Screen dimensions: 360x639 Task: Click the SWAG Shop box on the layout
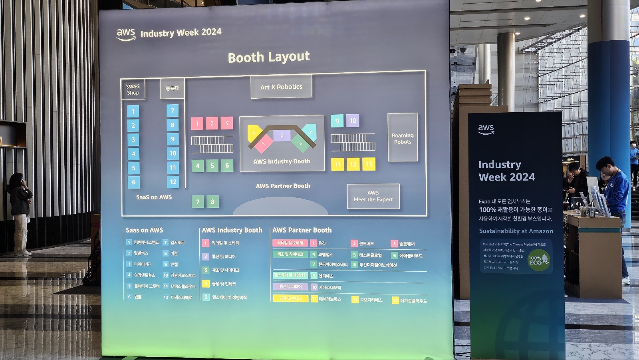coord(133,90)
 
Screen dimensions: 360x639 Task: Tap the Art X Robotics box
coord(281,87)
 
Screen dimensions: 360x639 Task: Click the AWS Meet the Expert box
coord(373,196)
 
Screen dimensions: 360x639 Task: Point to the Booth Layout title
coord(269,57)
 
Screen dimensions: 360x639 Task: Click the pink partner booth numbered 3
coord(227,123)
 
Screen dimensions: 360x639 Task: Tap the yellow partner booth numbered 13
coord(369,164)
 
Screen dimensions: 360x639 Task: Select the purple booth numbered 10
coord(353,121)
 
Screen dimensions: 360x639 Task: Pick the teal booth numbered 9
coord(337,121)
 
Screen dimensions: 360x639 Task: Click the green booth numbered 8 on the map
coord(212,202)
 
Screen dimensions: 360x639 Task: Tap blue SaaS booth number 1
coord(133,111)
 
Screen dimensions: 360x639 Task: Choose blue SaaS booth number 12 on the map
coord(173,182)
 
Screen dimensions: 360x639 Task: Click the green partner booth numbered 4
coord(197,165)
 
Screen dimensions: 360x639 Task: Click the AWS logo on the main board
coord(126,34)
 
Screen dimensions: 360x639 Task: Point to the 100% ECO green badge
coord(538,261)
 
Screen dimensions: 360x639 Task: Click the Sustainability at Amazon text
coord(516,231)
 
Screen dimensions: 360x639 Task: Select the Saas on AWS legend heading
coord(145,230)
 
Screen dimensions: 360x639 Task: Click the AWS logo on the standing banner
coord(486,129)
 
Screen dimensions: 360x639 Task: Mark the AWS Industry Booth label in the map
coord(282,161)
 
